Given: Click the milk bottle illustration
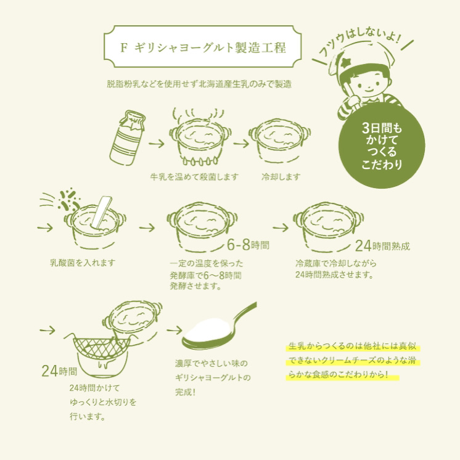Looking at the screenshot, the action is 127,138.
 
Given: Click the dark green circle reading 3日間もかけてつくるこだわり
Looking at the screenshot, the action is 381,146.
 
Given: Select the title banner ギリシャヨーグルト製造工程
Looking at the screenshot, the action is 203,47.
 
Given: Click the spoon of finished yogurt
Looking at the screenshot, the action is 219,327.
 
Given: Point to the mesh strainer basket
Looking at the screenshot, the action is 101,348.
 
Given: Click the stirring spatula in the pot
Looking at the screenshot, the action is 102,212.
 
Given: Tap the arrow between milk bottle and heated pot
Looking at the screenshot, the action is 156,144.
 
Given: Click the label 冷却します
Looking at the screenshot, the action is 281,177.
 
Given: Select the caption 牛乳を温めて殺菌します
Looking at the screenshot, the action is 194,177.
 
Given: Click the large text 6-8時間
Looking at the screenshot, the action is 248,245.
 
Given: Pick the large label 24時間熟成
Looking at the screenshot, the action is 382,246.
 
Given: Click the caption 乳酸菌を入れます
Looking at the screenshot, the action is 83,263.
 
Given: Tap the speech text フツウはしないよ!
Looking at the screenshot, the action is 360,42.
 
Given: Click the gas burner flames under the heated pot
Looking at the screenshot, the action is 200,160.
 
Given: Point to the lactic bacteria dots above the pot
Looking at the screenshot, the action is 69,200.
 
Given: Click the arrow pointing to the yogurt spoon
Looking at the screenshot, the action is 175,331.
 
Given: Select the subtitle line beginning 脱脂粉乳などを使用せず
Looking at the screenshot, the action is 199,84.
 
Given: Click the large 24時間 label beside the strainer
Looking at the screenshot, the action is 59,371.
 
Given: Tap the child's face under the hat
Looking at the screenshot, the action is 370,85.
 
